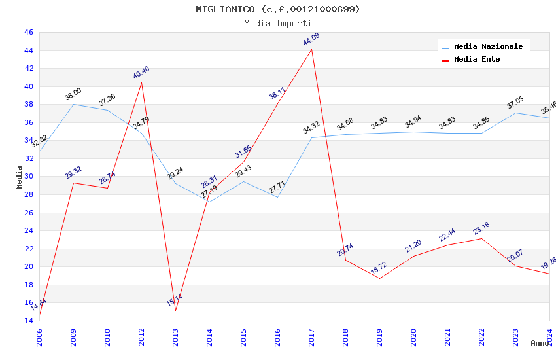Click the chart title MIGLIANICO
(x=278, y=9)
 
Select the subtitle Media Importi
(x=278, y=23)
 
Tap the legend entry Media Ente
(x=477, y=59)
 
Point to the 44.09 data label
(x=311, y=40)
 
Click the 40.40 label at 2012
(x=141, y=72)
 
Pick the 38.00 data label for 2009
(x=73, y=94)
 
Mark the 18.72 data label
(x=379, y=268)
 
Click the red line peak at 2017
(x=311, y=50)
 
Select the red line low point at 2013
(x=175, y=310)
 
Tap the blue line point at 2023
(x=515, y=113)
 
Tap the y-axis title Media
(x=19, y=177)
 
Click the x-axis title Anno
(x=540, y=343)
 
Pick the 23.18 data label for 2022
(x=481, y=229)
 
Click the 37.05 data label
(x=515, y=103)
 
